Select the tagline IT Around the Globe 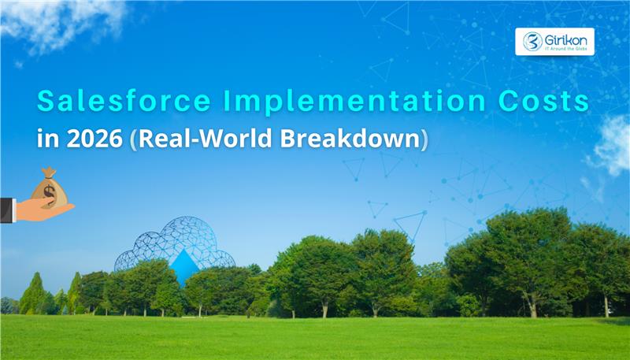565,49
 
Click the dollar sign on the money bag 49,191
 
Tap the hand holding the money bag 43,210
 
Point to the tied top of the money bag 49,172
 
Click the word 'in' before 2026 46,140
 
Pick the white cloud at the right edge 613,146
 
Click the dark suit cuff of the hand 6,210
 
